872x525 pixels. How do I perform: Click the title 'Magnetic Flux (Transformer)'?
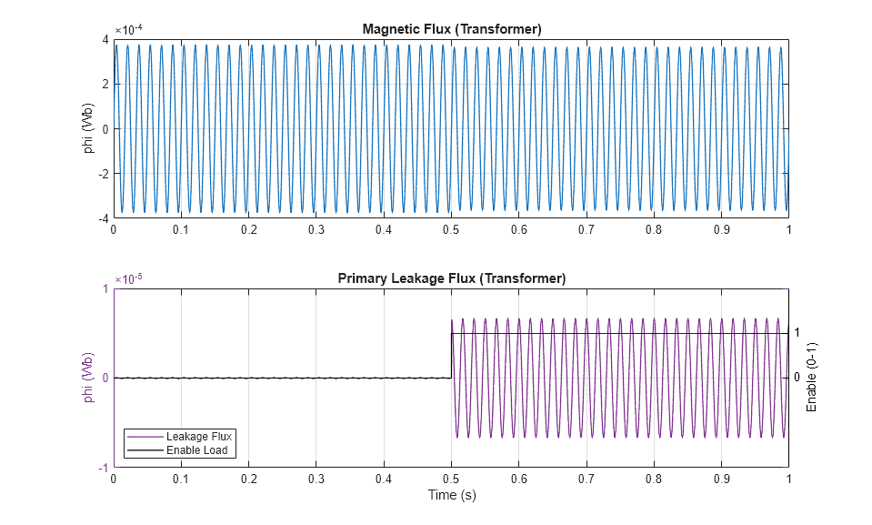452,29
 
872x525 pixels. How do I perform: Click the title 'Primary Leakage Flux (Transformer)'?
452,278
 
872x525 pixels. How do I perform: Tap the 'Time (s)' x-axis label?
452,496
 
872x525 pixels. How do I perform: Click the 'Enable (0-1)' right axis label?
813,377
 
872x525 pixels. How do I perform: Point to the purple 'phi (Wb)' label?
89,378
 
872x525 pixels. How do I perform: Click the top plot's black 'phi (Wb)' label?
89,128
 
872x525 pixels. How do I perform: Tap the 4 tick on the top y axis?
105,39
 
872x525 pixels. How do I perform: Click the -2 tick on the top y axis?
103,174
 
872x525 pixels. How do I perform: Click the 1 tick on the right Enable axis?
797,333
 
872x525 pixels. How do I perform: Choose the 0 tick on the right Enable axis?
797,378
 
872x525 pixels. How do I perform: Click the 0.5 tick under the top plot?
451,230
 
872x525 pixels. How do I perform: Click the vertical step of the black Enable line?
452,355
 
